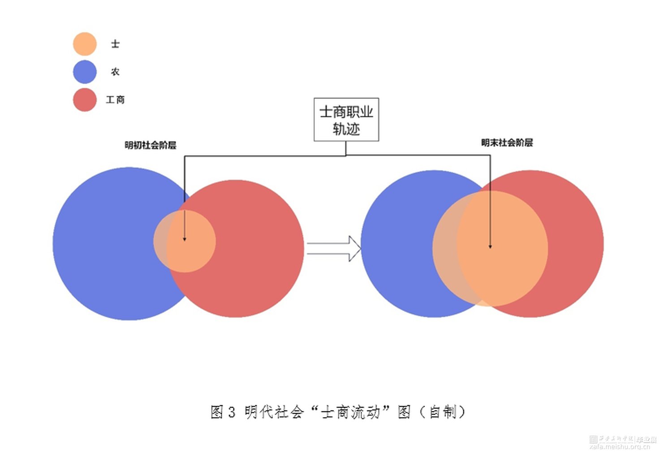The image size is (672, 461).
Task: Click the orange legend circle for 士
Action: click(x=85, y=44)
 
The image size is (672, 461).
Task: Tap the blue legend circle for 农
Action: click(x=85, y=72)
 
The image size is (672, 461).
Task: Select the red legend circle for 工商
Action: click(x=85, y=99)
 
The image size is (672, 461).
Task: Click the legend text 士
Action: click(x=115, y=44)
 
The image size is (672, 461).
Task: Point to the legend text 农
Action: click(x=115, y=72)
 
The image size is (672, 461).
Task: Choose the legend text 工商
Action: click(x=115, y=99)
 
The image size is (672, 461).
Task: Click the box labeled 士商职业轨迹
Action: click(x=346, y=120)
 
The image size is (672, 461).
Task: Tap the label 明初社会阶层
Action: click(x=150, y=145)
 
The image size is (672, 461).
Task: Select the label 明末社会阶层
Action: click(x=507, y=143)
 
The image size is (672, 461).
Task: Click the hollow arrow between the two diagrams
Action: click(x=334, y=248)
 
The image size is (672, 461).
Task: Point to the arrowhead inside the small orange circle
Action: click(x=185, y=239)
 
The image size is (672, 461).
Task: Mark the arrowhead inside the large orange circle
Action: click(x=490, y=246)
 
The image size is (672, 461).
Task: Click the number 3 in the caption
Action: click(x=231, y=412)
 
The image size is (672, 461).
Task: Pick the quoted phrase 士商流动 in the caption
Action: click(x=351, y=412)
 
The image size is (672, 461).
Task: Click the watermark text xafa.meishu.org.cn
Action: click(x=620, y=446)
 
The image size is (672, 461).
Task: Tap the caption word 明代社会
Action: click(x=274, y=412)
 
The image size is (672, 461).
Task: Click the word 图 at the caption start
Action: click(x=217, y=412)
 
